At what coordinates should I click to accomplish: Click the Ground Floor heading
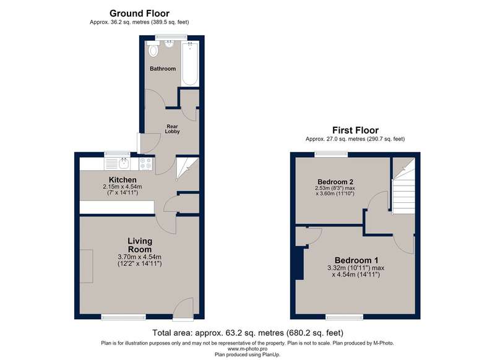[x=139, y=13]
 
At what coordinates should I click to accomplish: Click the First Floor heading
[x=355, y=130]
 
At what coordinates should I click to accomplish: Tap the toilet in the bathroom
[x=153, y=49]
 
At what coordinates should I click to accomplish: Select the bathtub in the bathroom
[x=190, y=64]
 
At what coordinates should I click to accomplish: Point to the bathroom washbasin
[x=170, y=44]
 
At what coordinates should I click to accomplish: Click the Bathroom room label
[x=163, y=69]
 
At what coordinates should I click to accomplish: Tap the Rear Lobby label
[x=173, y=129]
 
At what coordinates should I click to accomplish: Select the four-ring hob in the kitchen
[x=145, y=164]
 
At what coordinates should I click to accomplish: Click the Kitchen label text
[x=123, y=180]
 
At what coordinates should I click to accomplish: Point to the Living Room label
[x=140, y=245]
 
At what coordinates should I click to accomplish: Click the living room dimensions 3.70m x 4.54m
[x=140, y=257]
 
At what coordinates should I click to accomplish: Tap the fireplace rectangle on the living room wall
[x=86, y=267]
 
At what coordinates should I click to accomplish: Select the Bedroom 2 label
[x=335, y=182]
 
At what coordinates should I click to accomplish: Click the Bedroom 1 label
[x=356, y=260]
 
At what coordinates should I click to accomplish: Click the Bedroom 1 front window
[x=345, y=317]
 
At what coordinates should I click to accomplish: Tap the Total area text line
[x=247, y=333]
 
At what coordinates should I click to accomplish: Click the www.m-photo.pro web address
[x=247, y=349]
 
